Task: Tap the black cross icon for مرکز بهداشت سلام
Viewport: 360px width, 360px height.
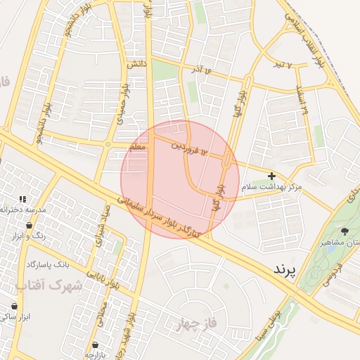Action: tap(272, 175)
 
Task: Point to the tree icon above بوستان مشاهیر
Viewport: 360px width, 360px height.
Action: tap(344, 231)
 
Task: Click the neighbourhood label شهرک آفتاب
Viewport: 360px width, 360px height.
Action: tap(49, 286)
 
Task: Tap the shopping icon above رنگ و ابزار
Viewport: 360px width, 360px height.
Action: tap(28, 225)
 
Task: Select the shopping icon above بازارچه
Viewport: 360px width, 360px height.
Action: tap(95, 345)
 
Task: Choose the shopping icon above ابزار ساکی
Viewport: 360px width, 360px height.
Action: tap(14, 307)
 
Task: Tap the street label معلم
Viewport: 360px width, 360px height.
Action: tap(138, 148)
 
